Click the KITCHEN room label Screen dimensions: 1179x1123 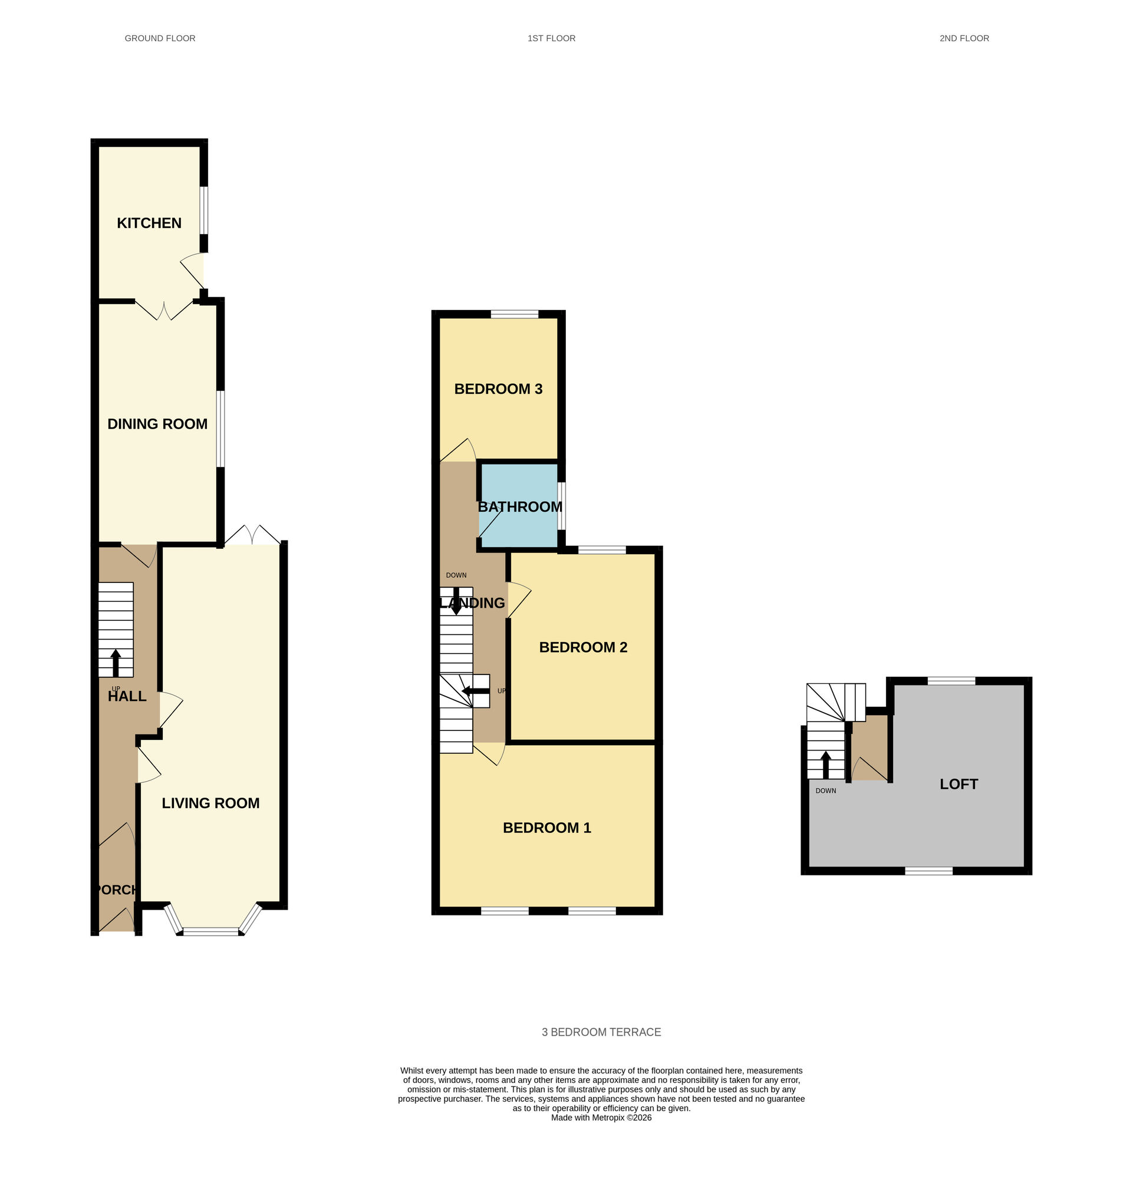[x=149, y=223]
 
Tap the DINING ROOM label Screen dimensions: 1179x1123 [x=157, y=424]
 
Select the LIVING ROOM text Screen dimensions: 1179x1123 [x=210, y=803]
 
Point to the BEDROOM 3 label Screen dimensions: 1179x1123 [x=498, y=389]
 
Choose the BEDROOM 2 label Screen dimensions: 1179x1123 [x=583, y=647]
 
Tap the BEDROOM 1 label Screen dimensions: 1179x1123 [x=546, y=828]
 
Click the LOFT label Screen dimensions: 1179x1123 [x=959, y=785]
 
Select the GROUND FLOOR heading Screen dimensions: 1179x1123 [x=160, y=38]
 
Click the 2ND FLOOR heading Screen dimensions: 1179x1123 [x=964, y=38]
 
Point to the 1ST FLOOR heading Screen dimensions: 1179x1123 [x=551, y=38]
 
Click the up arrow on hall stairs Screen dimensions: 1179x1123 [x=116, y=663]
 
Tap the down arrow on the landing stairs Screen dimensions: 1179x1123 [x=456, y=601]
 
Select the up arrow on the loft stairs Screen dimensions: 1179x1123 [x=825, y=764]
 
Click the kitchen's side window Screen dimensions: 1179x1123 [x=203, y=210]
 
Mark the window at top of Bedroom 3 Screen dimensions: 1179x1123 [x=514, y=314]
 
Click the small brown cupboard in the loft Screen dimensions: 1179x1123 [x=869, y=748]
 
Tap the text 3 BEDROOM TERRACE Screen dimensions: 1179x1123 [x=601, y=1032]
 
